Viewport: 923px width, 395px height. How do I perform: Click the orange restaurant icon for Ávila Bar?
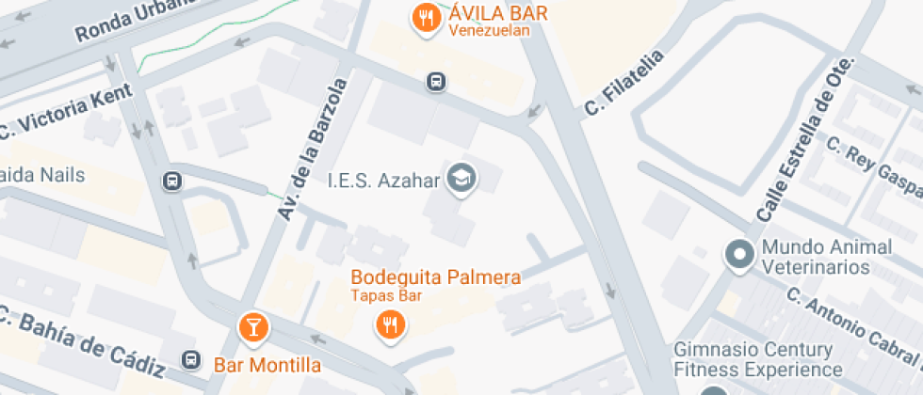click(427, 18)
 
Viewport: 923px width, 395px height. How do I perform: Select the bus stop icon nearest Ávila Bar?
click(436, 82)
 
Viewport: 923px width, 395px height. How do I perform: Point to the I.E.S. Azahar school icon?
click(461, 177)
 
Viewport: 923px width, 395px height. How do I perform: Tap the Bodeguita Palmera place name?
click(435, 277)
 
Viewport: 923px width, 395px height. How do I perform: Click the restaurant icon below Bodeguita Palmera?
click(390, 325)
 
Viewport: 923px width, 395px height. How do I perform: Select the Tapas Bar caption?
click(386, 296)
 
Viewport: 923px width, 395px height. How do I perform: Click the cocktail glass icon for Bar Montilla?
click(252, 326)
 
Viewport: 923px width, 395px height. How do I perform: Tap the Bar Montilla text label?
click(267, 365)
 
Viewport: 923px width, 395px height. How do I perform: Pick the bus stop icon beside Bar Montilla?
click(191, 359)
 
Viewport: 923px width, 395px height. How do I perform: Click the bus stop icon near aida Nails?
click(171, 181)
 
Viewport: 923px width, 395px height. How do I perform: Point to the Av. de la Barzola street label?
click(314, 150)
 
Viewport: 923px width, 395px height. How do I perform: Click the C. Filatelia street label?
click(623, 82)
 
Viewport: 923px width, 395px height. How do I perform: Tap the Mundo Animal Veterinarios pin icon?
click(739, 255)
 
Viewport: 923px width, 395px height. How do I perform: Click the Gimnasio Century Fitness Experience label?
click(753, 359)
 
